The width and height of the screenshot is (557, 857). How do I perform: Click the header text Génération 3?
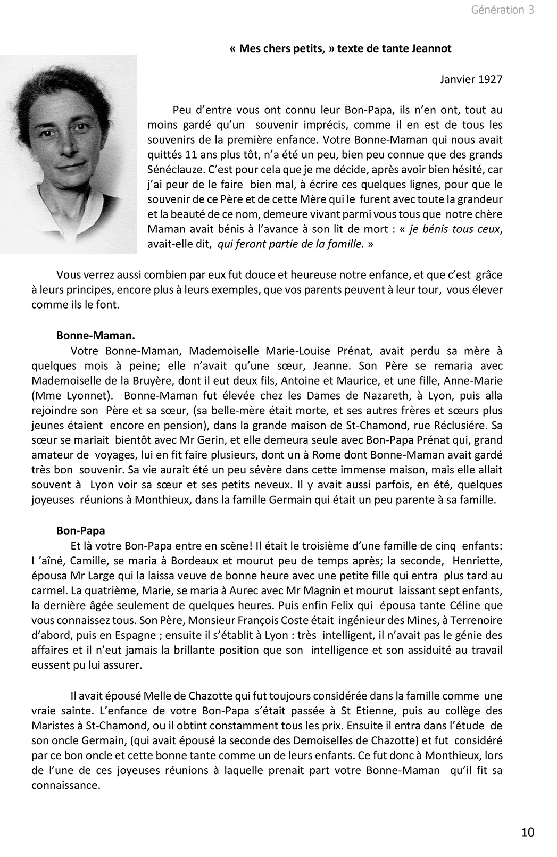[502, 10]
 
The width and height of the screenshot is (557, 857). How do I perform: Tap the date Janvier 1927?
[471, 79]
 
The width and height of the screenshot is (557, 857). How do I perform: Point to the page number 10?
[528, 832]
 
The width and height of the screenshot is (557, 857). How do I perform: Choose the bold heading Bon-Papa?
[81, 531]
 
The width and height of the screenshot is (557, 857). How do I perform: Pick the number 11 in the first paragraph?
[195, 155]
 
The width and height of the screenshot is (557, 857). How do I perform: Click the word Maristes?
[52, 726]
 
